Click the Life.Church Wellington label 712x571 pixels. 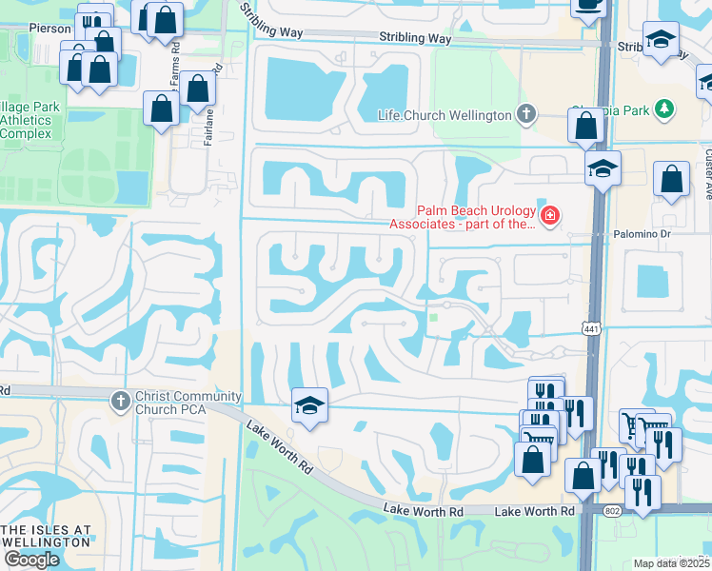[445, 115]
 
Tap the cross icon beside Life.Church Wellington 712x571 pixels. [524, 115]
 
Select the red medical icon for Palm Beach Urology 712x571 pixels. [549, 216]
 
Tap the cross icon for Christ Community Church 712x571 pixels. [120, 401]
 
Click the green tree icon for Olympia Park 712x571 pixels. [666, 110]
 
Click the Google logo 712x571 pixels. [31, 560]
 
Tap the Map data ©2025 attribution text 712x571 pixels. [671, 563]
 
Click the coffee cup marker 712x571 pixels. [588, 5]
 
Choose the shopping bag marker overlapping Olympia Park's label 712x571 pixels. [585, 127]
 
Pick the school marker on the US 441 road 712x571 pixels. [603, 169]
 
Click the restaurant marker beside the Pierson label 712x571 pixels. [94, 21]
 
